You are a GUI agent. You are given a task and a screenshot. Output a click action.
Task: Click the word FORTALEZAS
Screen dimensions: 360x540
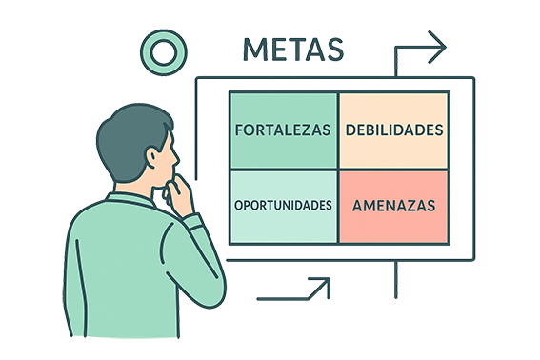(283, 130)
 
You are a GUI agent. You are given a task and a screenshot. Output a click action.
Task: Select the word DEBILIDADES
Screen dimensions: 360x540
(394, 130)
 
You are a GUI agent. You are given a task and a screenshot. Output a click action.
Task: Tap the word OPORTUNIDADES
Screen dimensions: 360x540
(283, 205)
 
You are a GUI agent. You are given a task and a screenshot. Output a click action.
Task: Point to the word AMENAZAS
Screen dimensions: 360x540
(393, 205)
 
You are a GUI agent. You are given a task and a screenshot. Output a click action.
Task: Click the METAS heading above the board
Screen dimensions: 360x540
(292, 50)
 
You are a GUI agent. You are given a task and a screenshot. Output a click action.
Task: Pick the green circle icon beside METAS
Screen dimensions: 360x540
(159, 50)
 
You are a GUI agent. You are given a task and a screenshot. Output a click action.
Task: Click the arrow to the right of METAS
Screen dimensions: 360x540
(419, 50)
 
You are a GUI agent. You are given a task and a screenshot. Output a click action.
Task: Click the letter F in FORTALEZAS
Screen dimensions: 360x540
(239, 130)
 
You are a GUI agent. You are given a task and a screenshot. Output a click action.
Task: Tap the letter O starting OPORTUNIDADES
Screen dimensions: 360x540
(238, 205)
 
